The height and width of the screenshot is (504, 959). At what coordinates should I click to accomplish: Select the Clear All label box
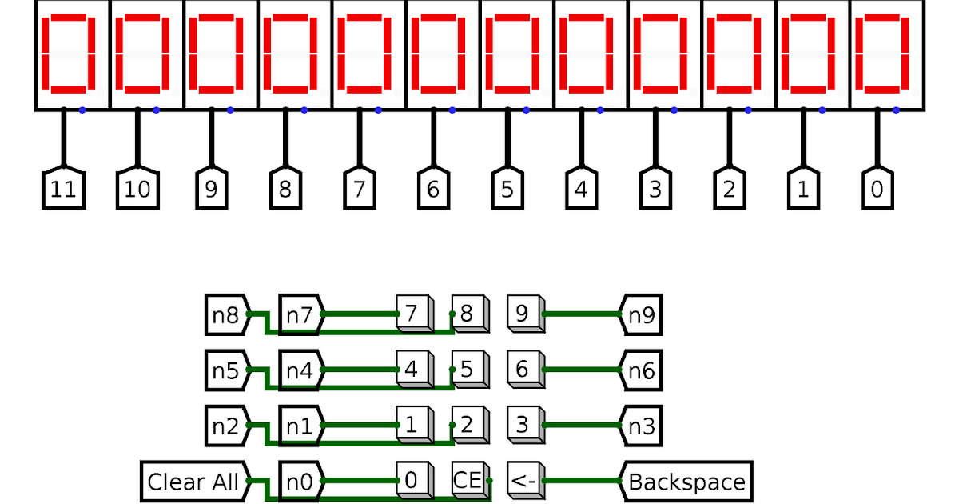pos(193,482)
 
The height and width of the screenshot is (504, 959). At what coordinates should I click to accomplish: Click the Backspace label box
pos(686,482)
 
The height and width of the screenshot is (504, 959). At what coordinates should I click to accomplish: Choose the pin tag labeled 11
pos(63,190)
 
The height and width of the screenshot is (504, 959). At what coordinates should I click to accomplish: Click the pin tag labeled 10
pos(137,190)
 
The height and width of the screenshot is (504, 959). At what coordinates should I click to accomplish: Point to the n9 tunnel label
pos(642,314)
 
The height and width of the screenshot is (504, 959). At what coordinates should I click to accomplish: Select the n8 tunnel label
pos(226,314)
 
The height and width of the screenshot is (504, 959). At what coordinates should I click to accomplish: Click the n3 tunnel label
pos(642,426)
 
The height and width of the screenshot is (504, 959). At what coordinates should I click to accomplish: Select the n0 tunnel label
pos(300,482)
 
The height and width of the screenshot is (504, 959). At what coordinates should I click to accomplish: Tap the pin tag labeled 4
pos(581,190)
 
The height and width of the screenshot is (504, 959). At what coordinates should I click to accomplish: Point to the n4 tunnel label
pos(300,370)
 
